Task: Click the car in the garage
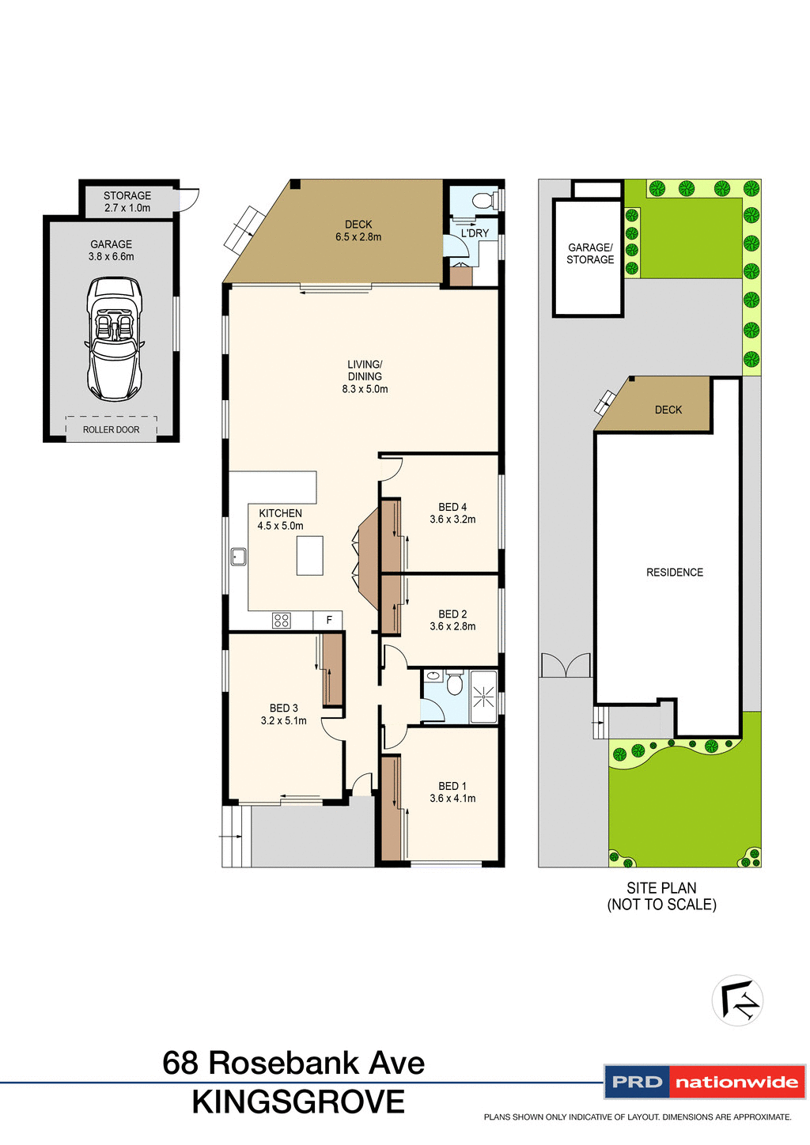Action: coord(114,338)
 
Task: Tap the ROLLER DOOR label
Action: coord(111,429)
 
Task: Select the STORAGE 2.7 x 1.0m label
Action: coord(127,202)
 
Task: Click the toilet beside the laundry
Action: coord(482,200)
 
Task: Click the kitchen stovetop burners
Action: coord(281,621)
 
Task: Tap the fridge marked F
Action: coord(329,621)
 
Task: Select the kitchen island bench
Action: coord(309,555)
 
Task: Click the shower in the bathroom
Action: coord(483,697)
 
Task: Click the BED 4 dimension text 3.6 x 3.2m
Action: coord(452,520)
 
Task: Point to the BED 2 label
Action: coord(452,614)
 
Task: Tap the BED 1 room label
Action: coord(452,786)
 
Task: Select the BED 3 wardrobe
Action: coord(332,670)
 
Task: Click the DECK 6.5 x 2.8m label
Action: coord(358,231)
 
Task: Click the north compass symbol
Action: coord(737,1000)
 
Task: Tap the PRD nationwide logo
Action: coord(704,1082)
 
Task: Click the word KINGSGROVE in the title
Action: coord(298,1102)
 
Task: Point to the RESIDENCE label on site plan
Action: coord(674,572)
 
